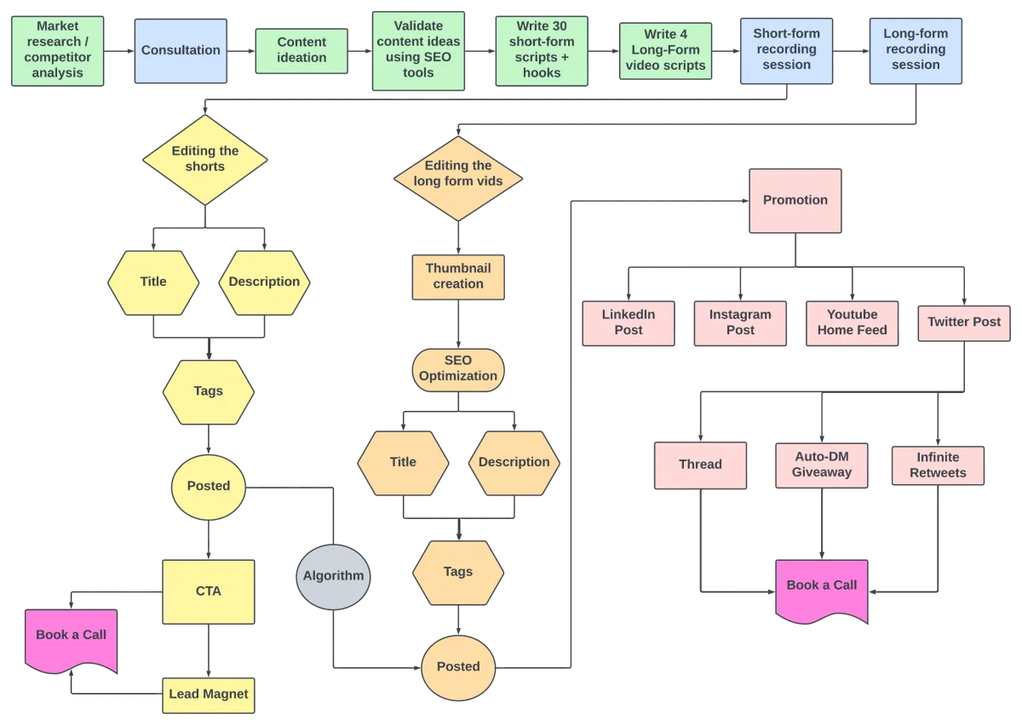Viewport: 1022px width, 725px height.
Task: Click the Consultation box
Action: coord(181,50)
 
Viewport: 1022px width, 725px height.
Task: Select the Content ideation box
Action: coord(301,50)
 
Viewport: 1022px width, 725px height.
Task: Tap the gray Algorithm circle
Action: coord(334,577)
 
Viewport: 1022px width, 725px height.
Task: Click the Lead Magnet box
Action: coord(209,695)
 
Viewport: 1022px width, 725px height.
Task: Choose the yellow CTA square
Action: coord(209,592)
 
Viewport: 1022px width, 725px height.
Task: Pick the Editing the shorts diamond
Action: coord(205,160)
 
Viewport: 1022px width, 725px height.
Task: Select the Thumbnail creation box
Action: coord(458,277)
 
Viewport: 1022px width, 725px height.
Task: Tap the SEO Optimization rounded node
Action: coord(458,370)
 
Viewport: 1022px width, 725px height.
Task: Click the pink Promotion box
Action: coord(795,201)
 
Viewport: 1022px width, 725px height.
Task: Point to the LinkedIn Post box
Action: coord(629,323)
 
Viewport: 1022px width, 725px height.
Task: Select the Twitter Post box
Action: coord(964,323)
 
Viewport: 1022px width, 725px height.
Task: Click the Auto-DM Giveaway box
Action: coord(822,465)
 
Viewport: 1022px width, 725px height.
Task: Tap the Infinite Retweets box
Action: coord(938,465)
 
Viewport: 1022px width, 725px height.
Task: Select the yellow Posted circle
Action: coord(209,487)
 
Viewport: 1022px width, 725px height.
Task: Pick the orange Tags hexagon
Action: coord(458,573)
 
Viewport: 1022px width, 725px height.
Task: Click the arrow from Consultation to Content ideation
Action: coord(241,51)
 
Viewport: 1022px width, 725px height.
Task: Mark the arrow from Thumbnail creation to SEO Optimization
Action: coord(458,324)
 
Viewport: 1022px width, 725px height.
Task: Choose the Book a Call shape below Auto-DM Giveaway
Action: coord(822,591)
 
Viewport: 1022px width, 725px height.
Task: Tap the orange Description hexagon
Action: coord(514,463)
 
